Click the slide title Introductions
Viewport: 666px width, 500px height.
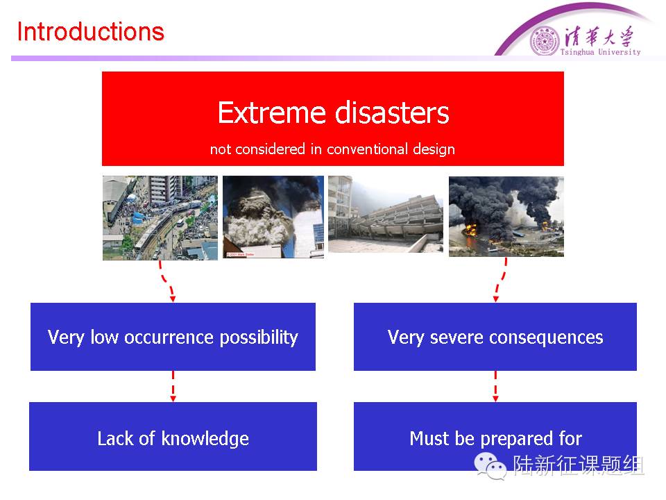90,32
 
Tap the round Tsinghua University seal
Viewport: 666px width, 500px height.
545,42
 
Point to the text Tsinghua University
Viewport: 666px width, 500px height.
600,52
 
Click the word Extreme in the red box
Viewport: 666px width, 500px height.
272,112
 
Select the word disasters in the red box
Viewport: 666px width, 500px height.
392,112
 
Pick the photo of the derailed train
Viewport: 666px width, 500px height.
160,217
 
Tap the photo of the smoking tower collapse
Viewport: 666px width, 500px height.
273,217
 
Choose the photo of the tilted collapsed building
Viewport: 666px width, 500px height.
386,215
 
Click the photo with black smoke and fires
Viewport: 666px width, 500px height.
506,217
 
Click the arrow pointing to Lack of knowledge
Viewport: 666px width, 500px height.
173,386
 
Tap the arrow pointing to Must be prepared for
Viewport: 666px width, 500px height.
495,386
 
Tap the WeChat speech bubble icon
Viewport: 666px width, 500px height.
490,465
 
